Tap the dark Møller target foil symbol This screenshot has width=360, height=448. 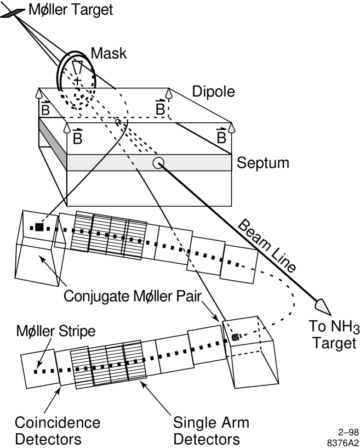click(x=10, y=11)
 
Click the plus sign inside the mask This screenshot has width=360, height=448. click(x=78, y=81)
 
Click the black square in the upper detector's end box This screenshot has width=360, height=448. click(x=39, y=226)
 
